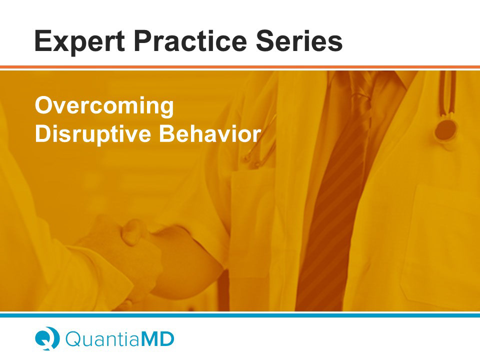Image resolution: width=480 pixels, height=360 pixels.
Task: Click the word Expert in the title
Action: [79, 42]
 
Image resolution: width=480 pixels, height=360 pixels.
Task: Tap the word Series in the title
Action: [299, 40]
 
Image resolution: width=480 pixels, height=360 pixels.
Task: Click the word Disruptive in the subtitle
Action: [93, 134]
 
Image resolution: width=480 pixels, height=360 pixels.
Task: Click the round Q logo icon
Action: [47, 338]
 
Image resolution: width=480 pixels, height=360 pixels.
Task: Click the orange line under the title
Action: [240, 67]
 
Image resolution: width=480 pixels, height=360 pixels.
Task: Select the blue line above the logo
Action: [240, 315]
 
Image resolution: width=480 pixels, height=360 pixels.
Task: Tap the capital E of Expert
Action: [43, 40]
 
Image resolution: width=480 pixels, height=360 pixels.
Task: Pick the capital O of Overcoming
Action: [44, 105]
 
